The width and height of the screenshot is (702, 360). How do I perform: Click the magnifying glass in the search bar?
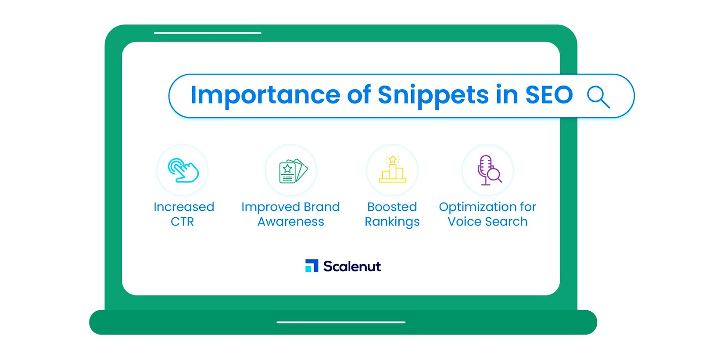[598, 97]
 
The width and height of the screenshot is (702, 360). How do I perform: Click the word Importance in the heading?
[265, 95]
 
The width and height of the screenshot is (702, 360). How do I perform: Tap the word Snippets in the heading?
[433, 95]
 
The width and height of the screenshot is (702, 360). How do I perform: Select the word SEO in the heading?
[549, 94]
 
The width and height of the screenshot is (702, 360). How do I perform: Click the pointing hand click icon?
[183, 170]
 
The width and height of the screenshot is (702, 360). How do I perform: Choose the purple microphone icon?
[489, 170]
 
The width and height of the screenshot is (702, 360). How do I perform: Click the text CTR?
[182, 221]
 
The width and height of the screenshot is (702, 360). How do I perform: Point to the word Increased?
[184, 207]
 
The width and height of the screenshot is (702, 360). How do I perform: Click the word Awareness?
[291, 221]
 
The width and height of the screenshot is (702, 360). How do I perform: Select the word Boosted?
[392, 207]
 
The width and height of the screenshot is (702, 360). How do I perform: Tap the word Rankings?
[392, 222]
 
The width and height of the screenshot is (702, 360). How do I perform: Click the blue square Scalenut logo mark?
[312, 266]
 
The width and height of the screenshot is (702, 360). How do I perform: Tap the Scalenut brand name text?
[352, 266]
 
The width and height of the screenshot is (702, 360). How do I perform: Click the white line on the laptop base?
[341, 322]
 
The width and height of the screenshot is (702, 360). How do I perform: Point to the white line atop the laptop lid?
[208, 32]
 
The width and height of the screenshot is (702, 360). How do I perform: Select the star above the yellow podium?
[392, 159]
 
